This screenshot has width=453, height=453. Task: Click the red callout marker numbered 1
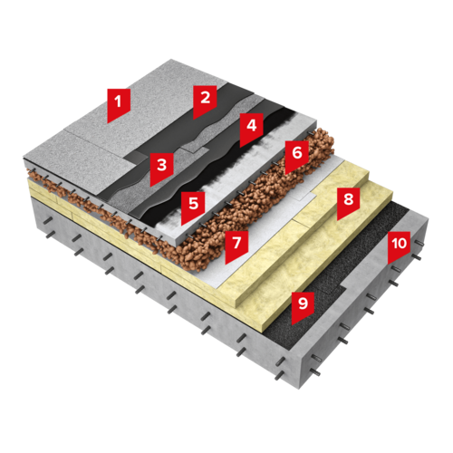coord(119,104)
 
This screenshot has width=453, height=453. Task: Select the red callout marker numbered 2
coord(205,101)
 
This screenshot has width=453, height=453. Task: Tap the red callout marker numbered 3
coord(161,168)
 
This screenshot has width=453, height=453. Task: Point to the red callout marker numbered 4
coord(252,129)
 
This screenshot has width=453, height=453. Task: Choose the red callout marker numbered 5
coord(193,207)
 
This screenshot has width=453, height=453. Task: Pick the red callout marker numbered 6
coord(297,156)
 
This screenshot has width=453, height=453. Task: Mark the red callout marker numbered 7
coord(236,246)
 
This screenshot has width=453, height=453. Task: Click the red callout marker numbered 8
coord(348,202)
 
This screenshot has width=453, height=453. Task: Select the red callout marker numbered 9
coord(303,306)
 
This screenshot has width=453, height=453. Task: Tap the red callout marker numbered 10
coord(399,246)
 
